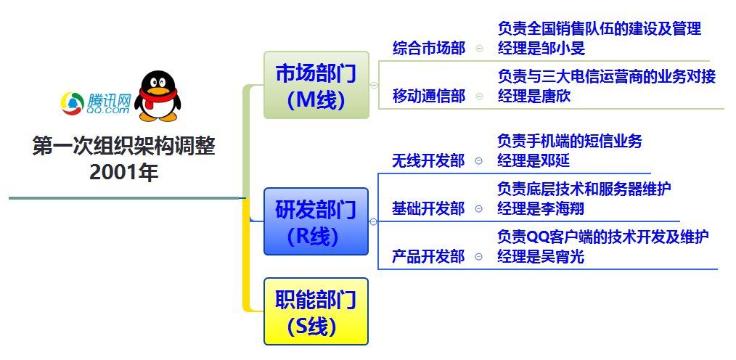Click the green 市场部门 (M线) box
click(x=316, y=85)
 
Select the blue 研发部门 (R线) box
click(x=316, y=221)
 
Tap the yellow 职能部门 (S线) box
click(x=316, y=311)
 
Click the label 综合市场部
click(x=429, y=48)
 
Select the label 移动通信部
click(x=429, y=96)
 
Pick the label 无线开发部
click(x=428, y=161)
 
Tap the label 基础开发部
click(x=428, y=209)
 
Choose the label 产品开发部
click(x=428, y=257)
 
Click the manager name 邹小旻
click(x=563, y=49)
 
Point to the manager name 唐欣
click(x=556, y=97)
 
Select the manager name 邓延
click(x=555, y=161)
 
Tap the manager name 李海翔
click(x=563, y=209)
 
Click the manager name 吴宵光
click(x=563, y=257)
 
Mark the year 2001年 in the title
click(x=124, y=173)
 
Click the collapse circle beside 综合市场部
click(x=480, y=48)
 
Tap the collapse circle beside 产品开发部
click(x=479, y=257)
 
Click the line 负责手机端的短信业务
click(x=569, y=141)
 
